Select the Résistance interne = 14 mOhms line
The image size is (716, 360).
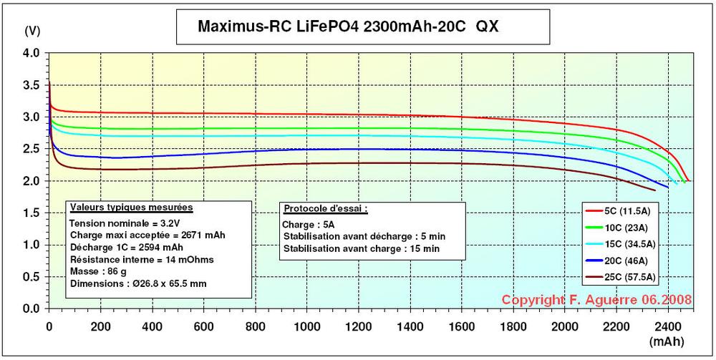coord(132,259)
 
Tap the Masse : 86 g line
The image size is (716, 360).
coord(97,271)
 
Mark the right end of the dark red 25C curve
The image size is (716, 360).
coord(655,190)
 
